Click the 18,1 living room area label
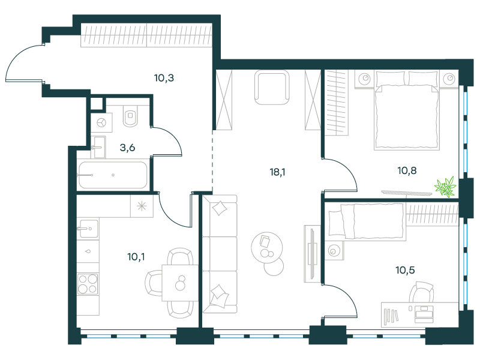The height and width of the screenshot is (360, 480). point(277,172)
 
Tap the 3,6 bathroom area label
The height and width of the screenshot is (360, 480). point(127,148)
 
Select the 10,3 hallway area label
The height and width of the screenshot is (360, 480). point(164,78)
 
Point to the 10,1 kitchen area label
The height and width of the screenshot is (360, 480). point(136,257)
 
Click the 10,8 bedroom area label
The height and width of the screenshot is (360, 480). point(407,170)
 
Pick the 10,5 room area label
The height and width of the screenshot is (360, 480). point(406,270)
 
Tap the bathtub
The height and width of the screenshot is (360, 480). point(113,175)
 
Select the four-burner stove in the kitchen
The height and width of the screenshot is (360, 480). point(88,284)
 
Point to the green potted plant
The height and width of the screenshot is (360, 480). point(445,187)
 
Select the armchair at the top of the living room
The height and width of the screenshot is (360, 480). point(272,88)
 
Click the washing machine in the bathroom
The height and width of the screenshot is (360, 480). point(101,123)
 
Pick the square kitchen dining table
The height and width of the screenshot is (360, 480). point(180,283)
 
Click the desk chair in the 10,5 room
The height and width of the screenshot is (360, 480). point(422,292)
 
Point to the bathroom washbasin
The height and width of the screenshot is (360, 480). point(100,147)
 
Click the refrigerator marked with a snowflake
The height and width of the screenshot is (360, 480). point(142,206)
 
